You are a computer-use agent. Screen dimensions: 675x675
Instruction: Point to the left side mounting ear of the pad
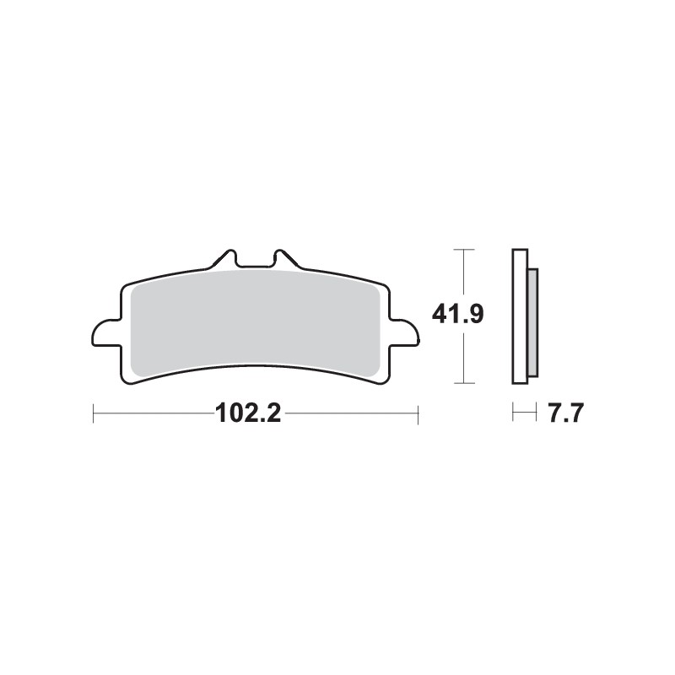(104, 333)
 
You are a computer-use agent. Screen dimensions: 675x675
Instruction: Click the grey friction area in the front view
(253, 321)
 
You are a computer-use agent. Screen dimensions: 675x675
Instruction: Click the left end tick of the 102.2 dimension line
(93, 413)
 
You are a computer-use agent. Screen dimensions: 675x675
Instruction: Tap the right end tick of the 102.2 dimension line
(418, 413)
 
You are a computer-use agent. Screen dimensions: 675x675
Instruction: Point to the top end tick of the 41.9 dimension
(463, 250)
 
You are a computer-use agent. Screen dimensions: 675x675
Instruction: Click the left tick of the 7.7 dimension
(514, 413)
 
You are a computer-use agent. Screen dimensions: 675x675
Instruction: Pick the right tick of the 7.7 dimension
(537, 413)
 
